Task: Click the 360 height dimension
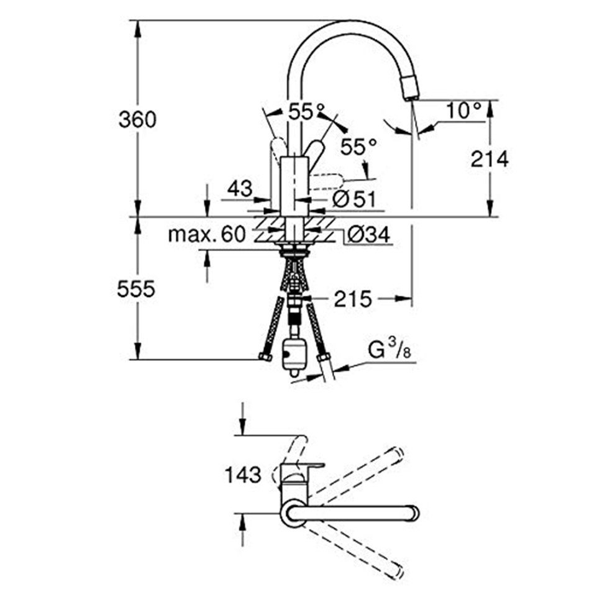[x=137, y=119]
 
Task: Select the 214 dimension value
[x=489, y=159]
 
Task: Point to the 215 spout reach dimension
[x=352, y=299]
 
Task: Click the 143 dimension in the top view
[x=243, y=475]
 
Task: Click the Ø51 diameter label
[x=352, y=199]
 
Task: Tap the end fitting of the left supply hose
[x=264, y=356]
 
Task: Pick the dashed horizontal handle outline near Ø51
[x=327, y=181]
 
